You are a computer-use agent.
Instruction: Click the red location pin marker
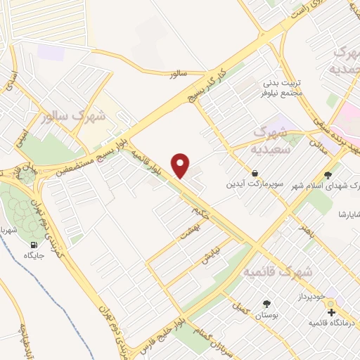click(181, 165)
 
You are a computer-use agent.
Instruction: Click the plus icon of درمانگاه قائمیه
click(331, 311)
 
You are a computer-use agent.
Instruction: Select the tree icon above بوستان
click(266, 304)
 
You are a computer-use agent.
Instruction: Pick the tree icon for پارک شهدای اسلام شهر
click(328, 175)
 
